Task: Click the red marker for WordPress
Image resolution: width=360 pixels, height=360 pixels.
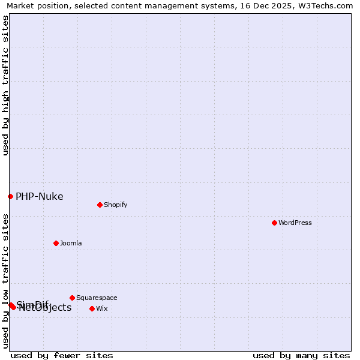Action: (274, 223)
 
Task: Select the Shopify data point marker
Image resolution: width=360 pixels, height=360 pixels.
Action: (100, 205)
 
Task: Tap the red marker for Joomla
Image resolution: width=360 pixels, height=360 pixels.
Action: (56, 243)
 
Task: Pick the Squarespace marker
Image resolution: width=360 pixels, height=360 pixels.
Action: (72, 298)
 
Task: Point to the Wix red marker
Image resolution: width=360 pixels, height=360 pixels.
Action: (92, 308)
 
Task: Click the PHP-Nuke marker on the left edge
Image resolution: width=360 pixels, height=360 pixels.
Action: (10, 196)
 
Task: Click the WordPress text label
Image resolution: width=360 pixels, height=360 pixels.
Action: (295, 223)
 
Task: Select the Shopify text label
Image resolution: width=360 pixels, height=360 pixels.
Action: (116, 205)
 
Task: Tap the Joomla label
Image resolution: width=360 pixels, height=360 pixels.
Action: (71, 243)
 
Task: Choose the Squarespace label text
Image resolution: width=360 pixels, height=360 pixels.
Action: (97, 298)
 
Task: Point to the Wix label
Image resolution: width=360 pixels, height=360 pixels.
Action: (102, 308)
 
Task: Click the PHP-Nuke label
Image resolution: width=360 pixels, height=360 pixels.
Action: (39, 196)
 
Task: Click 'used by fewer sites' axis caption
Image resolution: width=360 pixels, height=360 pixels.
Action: (62, 355)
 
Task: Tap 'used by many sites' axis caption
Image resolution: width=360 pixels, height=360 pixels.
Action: (301, 355)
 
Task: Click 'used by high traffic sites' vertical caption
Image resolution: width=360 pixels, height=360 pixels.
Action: (5, 85)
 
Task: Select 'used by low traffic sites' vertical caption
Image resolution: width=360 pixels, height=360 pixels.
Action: (5, 281)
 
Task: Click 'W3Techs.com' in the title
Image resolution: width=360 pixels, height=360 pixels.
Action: (327, 5)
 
